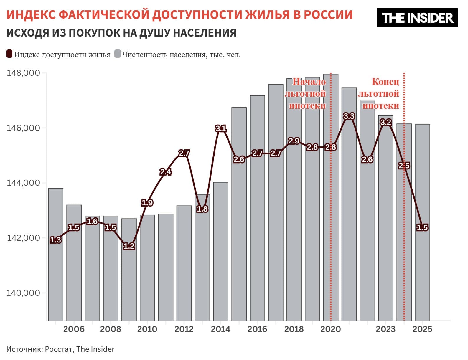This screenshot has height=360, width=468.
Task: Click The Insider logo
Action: point(417,18)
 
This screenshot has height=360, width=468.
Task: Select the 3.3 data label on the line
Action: point(349,116)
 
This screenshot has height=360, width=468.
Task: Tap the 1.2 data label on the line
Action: point(129,246)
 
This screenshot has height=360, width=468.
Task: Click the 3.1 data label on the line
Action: point(220,128)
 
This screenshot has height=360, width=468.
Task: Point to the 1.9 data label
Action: point(147,203)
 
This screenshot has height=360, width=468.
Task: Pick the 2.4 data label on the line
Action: point(166,172)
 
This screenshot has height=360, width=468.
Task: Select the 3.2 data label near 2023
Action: point(385,122)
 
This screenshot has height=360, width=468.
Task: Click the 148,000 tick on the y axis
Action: point(23,73)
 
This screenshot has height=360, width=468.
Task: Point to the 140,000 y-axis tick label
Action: point(23,293)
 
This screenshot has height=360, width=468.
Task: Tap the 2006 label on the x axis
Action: point(74,329)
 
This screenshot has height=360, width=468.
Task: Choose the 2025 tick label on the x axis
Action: point(422,329)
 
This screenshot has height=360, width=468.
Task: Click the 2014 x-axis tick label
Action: point(220,329)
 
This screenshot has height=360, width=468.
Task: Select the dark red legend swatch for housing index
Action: point(9,54)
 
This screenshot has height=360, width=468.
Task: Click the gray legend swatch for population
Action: point(118,54)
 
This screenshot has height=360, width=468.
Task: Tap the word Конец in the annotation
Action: point(385,82)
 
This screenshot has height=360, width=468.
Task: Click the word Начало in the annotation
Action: point(309,82)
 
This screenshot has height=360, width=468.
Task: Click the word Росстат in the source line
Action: point(59,349)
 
